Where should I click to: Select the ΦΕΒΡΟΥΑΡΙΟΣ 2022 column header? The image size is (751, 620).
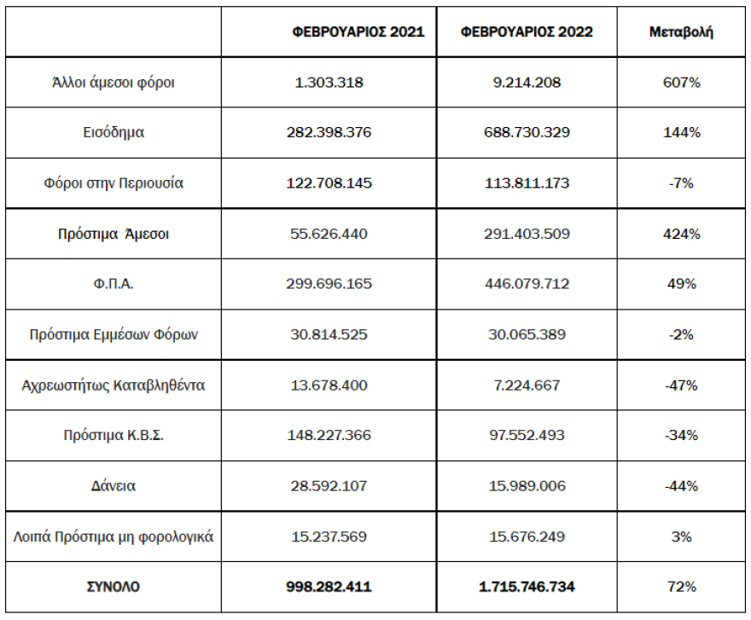tap(526, 32)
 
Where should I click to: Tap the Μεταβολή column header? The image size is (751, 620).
tap(681, 32)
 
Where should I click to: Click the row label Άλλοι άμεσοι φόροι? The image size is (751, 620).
tap(114, 83)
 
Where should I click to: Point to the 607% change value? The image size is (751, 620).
tap(681, 83)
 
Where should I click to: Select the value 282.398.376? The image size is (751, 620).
tap(329, 133)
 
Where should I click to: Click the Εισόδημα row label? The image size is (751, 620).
tap(114, 133)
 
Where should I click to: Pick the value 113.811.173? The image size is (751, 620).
tap(526, 183)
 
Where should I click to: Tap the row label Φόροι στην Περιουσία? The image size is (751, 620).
tap(114, 183)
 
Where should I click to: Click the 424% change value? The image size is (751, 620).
tap(681, 234)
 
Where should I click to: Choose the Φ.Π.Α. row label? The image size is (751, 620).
tap(114, 284)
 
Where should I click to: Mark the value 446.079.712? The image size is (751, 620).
tap(526, 284)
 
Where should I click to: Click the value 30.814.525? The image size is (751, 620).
tap(329, 334)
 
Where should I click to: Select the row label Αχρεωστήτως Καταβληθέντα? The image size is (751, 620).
tap(114, 385)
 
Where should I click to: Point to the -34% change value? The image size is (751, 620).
tap(681, 436)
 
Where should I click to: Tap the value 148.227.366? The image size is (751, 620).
tap(329, 436)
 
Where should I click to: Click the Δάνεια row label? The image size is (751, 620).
tap(114, 486)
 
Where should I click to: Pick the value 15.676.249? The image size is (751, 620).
tap(526, 537)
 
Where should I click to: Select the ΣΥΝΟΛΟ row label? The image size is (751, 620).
tap(114, 587)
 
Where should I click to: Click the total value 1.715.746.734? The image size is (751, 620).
tap(526, 587)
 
